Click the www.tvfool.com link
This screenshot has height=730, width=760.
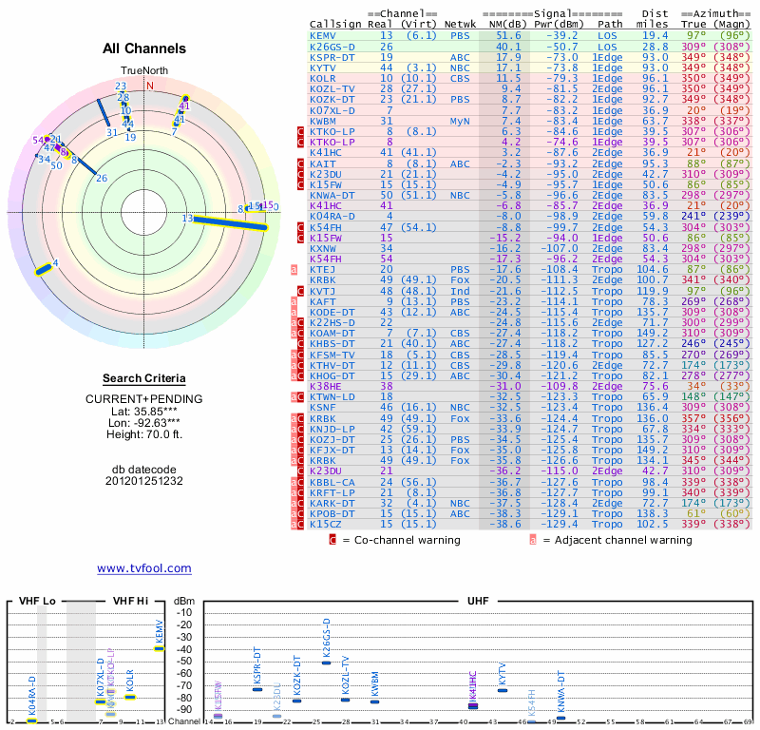(x=144, y=568)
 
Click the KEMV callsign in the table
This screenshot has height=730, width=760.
(x=323, y=35)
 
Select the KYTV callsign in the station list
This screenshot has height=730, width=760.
(x=323, y=67)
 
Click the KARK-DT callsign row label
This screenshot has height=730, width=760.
(x=332, y=503)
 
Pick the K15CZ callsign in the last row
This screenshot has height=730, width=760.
(x=326, y=524)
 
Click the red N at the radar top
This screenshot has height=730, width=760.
(x=149, y=85)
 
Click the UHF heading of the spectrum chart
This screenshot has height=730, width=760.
(x=479, y=602)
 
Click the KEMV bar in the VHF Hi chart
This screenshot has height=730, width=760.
(x=159, y=648)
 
